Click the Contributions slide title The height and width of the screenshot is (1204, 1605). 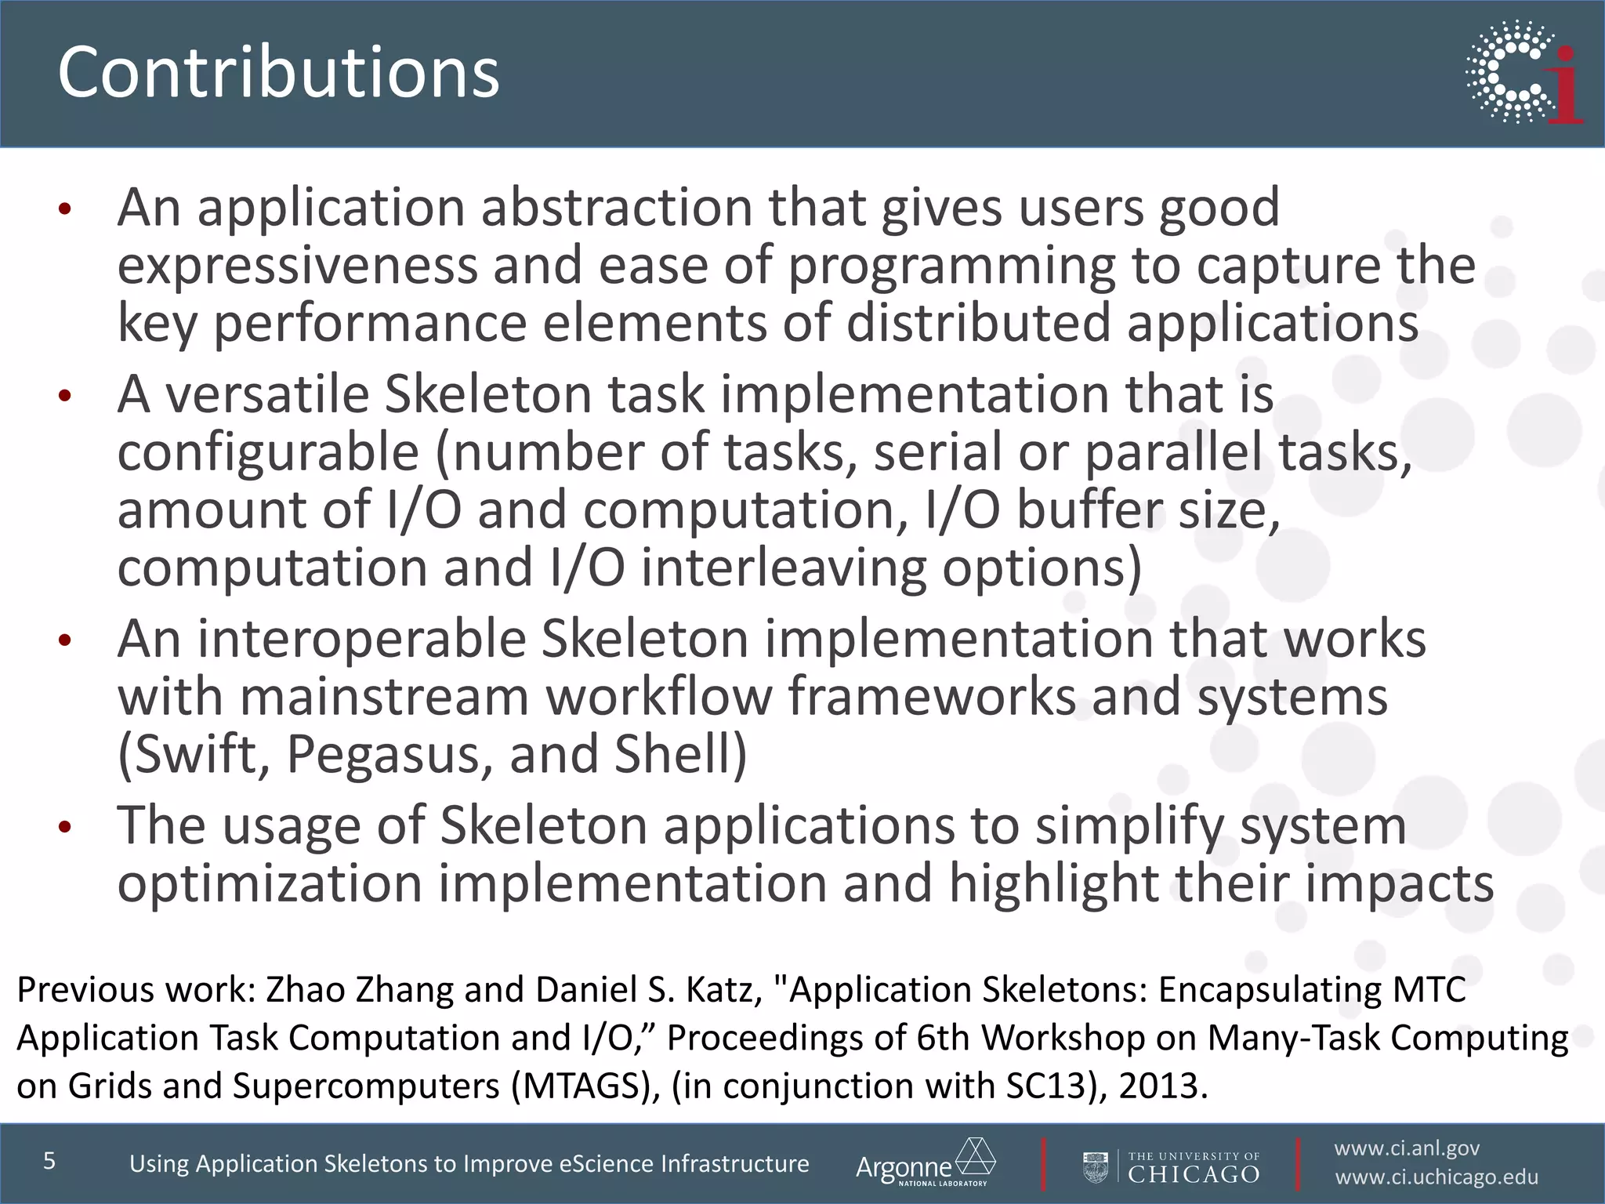click(278, 72)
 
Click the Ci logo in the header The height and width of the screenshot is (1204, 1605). click(1524, 72)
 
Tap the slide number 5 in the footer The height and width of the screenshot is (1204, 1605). click(49, 1160)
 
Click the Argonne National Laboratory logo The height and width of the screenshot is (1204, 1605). click(925, 1162)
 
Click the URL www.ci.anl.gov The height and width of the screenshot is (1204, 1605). click(1407, 1148)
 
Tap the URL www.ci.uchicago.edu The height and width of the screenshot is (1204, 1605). click(1437, 1177)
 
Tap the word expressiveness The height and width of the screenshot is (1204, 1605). click(297, 266)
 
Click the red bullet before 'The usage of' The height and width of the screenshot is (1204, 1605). click(65, 827)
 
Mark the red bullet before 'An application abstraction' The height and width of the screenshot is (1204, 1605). click(65, 209)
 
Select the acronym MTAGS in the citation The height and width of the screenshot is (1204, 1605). click(583, 1086)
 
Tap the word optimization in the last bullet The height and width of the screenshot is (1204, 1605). click(270, 884)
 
